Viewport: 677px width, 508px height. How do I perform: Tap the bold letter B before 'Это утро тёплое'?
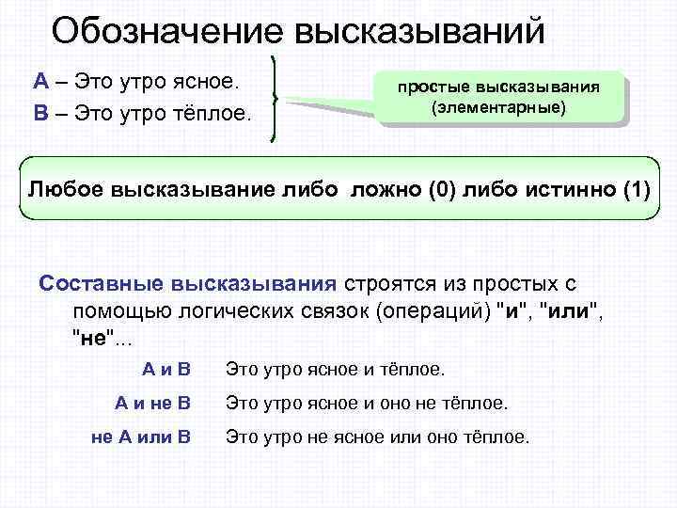41,115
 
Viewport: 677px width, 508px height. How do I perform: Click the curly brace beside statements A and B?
273,97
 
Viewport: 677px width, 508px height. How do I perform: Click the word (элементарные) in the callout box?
498,107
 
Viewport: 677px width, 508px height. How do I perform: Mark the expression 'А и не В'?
152,404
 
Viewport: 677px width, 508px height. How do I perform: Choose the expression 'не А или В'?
142,437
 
